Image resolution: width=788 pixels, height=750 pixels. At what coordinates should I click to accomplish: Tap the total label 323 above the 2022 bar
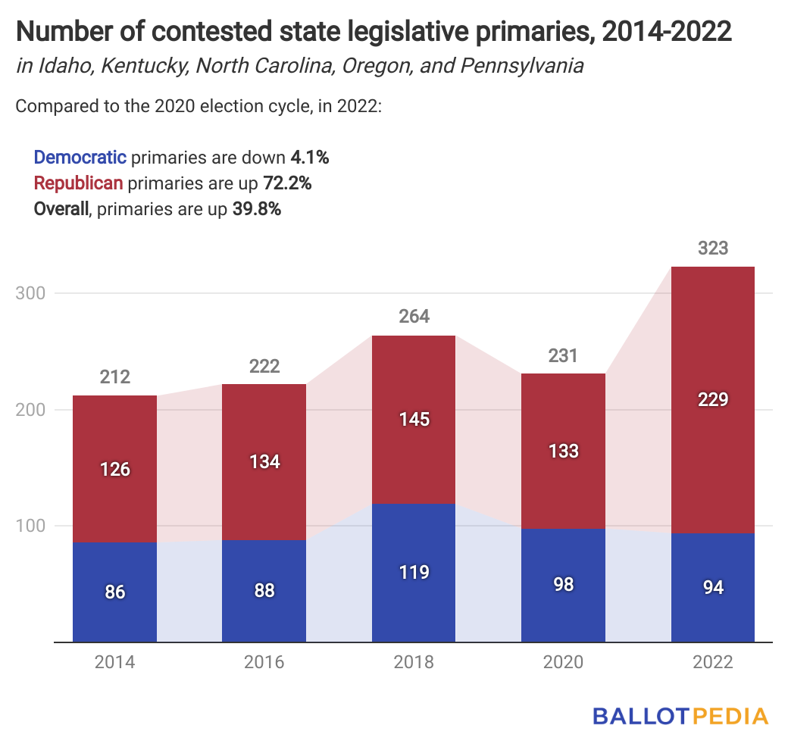coord(713,248)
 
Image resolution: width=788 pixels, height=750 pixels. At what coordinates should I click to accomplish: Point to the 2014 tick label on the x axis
coord(114,662)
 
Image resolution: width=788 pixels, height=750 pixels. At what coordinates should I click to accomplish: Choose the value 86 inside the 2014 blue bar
coord(114,592)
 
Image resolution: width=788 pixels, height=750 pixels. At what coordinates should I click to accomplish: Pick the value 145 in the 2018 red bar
coord(414,419)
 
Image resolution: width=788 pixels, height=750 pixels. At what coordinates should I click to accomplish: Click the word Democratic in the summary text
coord(80,158)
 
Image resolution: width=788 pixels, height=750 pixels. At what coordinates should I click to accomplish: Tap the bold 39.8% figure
coord(255,209)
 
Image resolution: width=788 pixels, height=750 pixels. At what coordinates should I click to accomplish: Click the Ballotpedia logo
coord(680,716)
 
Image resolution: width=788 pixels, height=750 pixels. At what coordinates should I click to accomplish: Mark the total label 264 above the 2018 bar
coord(414,317)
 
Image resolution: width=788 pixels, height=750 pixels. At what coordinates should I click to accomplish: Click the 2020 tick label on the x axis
coord(563,662)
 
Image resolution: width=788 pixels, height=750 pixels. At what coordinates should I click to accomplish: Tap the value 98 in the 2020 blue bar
coord(563,584)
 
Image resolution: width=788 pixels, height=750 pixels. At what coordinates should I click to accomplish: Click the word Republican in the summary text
coord(79,183)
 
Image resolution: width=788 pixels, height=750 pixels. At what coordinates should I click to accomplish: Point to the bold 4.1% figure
coord(309,158)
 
